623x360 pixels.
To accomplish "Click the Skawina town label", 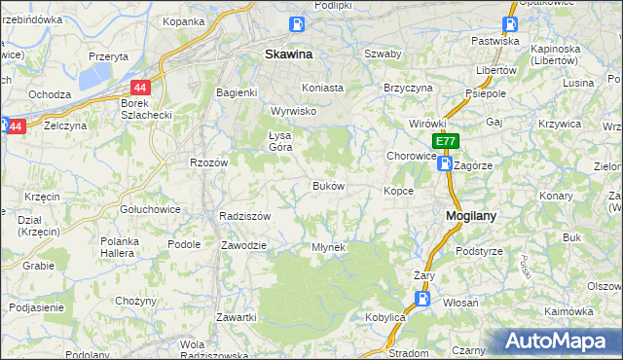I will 288,55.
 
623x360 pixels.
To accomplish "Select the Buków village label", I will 327,185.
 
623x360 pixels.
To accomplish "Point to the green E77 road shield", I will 445,142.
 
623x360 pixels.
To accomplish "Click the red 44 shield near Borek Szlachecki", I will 140,87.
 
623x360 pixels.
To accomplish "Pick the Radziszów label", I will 244,216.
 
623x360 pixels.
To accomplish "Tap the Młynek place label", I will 328,247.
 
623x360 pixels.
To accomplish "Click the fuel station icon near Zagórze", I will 445,164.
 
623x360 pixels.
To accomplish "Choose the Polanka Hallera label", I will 121,247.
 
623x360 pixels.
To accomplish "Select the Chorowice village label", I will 411,155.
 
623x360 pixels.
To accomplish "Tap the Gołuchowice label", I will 146,209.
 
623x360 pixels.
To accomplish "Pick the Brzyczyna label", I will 408,87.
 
